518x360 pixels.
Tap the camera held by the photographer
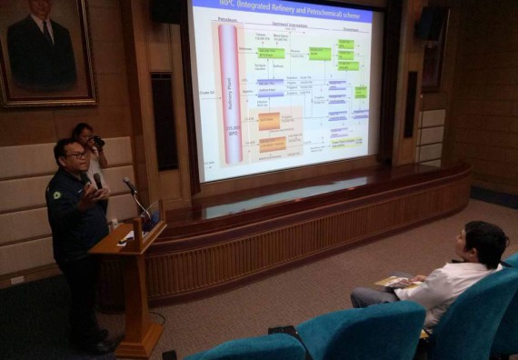point(97,142)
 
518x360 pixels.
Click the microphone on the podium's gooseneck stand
point(129,185)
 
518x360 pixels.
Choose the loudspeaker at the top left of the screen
point(166,11)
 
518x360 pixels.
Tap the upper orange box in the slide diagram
point(269,121)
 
